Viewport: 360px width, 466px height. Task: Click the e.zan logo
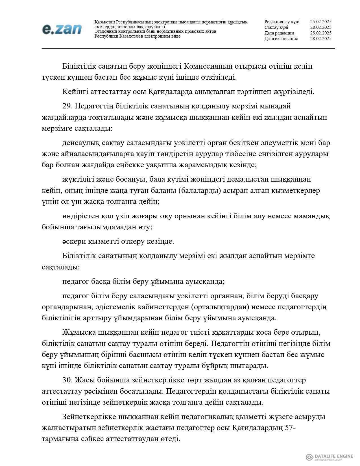pyautogui.click(x=62, y=29)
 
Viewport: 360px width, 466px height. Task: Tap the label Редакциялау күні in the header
pyautogui.click(x=282, y=22)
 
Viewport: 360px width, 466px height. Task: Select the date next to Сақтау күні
pyautogui.click(x=320, y=27)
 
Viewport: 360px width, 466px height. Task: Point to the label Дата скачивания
pyautogui.click(x=281, y=39)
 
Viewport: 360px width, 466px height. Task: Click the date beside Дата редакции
pyautogui.click(x=320, y=33)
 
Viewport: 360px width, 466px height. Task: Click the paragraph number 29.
pyautogui.click(x=67, y=106)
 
